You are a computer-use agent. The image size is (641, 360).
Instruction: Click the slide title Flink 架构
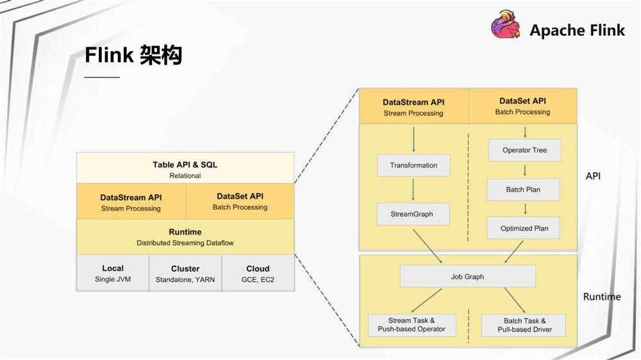133,56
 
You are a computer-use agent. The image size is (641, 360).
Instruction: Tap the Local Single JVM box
113,274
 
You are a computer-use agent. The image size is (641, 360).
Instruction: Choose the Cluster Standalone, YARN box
185,274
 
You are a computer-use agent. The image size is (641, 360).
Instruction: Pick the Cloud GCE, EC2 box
258,274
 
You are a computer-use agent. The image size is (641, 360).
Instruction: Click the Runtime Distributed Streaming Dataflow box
185,237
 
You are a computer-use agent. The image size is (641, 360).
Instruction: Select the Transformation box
413,165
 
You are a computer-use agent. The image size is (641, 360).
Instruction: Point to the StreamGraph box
413,214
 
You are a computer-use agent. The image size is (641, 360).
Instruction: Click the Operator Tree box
525,151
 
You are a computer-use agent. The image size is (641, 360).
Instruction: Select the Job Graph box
467,277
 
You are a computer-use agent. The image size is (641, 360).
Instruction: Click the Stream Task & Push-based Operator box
412,325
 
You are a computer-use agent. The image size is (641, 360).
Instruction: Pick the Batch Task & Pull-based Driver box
524,325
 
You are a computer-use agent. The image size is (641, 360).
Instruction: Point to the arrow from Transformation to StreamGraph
413,190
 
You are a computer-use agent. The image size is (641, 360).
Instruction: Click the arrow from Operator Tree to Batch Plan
525,170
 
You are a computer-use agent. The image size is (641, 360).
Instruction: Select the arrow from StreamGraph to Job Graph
428,245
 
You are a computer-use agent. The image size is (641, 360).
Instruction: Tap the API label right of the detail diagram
593,176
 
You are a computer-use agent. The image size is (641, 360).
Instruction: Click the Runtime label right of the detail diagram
601,297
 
